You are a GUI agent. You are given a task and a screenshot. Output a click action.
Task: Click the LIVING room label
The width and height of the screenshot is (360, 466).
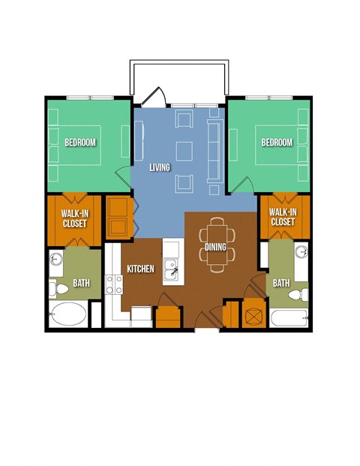point(160,167)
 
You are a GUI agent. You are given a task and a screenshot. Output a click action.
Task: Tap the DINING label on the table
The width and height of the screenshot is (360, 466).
point(215,247)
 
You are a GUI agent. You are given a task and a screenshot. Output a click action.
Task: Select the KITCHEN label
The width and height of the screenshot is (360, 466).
point(140,269)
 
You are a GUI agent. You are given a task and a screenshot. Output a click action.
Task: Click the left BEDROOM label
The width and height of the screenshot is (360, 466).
point(80,143)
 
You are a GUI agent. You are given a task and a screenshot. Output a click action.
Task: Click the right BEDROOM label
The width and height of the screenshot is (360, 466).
point(277,143)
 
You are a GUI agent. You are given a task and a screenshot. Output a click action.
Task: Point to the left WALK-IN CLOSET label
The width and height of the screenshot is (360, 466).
point(75,218)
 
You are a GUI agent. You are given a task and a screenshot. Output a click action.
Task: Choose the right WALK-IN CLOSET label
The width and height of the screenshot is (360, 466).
point(283,217)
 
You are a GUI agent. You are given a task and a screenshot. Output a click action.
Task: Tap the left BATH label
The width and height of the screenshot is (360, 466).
point(82,283)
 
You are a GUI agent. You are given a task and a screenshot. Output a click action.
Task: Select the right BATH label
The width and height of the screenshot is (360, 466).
point(281,283)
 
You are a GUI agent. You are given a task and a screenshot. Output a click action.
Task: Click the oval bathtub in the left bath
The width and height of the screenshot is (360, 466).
point(68,314)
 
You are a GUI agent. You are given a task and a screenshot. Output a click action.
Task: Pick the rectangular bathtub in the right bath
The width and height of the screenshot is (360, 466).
point(289,317)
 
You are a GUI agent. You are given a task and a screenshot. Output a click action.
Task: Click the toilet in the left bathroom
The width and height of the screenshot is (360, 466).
point(58,289)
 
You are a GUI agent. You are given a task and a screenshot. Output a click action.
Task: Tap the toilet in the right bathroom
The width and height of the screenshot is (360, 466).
point(298,294)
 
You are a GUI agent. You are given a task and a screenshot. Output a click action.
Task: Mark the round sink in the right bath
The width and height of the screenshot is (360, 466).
point(301,251)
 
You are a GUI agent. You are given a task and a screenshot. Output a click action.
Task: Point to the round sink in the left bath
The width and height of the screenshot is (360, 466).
point(55,259)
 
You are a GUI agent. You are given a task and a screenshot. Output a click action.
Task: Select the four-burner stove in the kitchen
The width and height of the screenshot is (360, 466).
point(114,284)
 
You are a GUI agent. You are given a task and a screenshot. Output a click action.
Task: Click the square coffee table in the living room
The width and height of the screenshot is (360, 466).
point(184,152)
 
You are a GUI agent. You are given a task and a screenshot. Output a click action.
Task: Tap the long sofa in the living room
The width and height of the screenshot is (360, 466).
point(215,151)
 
